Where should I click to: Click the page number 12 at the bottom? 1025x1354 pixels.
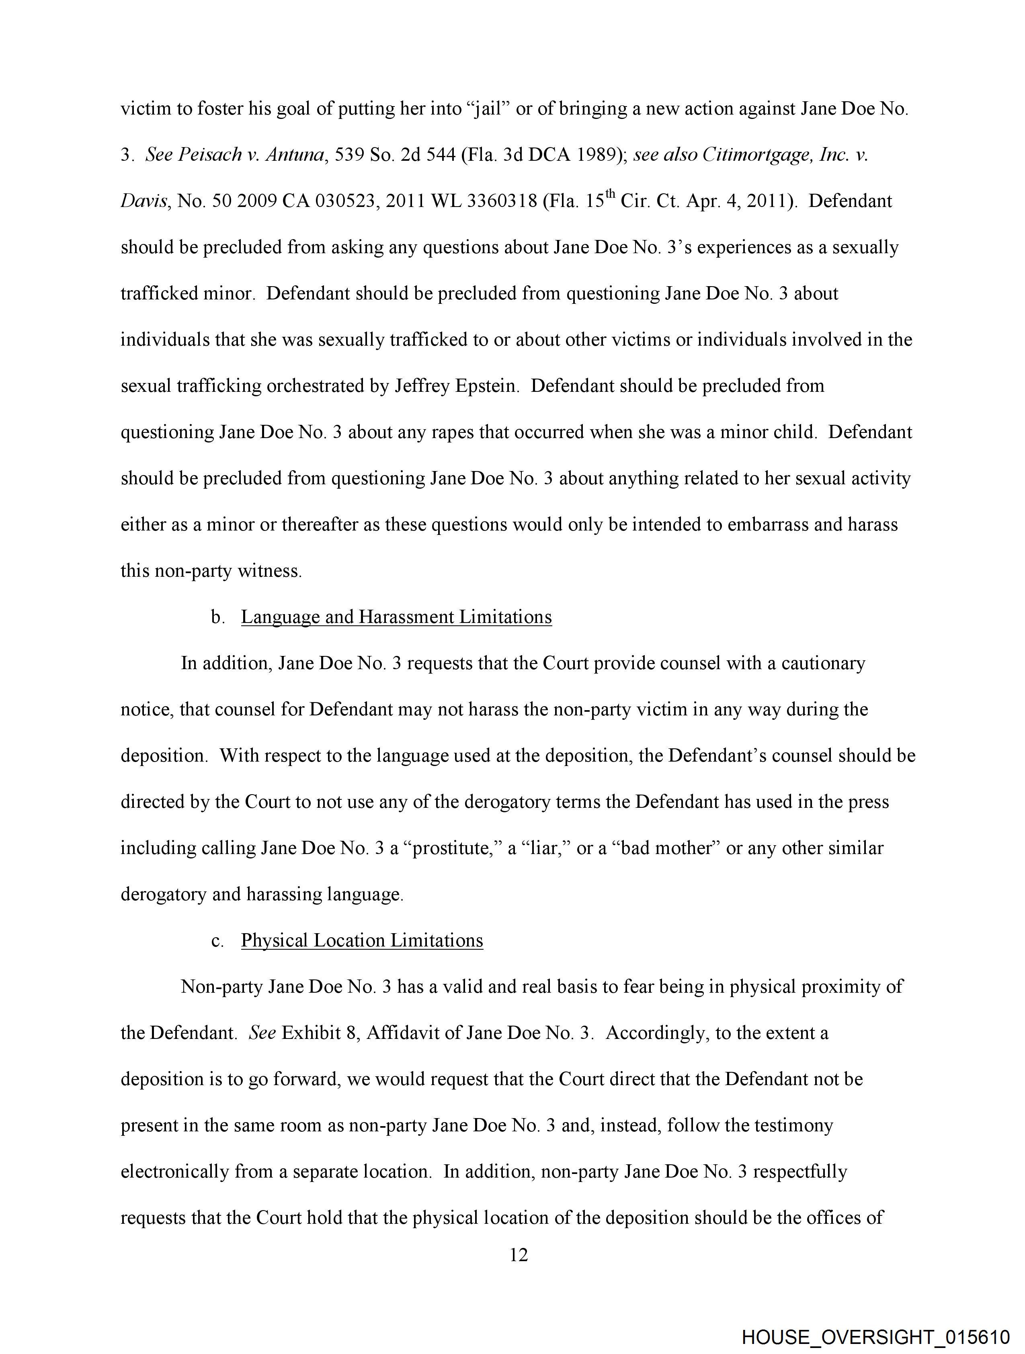518,1256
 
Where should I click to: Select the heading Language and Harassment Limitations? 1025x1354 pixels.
396,617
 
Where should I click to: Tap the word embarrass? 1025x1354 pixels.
765,524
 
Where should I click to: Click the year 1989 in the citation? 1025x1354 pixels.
588,155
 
